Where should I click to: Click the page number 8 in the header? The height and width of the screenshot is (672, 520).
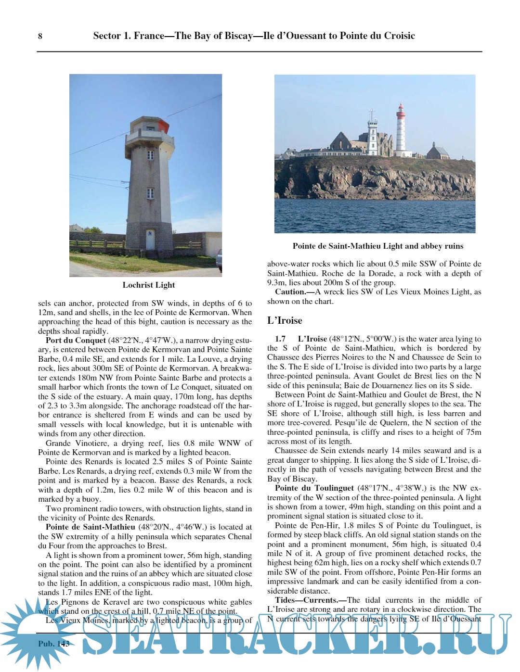pos(40,36)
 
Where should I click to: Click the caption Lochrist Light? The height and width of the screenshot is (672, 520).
pos(149,285)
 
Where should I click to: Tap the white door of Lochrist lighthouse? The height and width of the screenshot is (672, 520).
pos(150,240)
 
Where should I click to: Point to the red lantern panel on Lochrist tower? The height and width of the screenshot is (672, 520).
pos(163,126)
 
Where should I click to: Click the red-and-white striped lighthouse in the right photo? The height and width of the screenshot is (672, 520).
pos(401,130)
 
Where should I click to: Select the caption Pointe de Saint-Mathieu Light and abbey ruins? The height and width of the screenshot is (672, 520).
pos(377,246)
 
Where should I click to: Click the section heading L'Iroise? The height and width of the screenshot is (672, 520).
pos(285,320)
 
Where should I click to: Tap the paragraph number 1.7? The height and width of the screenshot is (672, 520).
pos(280,339)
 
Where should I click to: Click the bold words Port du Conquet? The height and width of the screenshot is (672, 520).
pos(76,340)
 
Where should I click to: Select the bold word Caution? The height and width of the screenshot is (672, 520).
pos(290,292)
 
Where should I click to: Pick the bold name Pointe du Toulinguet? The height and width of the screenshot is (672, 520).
pos(314,488)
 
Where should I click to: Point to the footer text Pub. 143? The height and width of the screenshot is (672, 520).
pos(54,644)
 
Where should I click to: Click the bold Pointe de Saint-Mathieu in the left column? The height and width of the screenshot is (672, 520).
pos(90,527)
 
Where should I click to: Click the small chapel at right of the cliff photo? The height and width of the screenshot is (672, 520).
pos(438,151)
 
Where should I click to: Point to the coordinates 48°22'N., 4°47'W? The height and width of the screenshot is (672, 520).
pos(143,340)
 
